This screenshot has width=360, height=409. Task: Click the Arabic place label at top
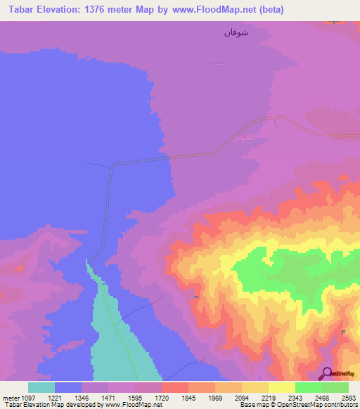[x=236, y=32]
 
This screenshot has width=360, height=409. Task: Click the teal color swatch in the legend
[x=41, y=387]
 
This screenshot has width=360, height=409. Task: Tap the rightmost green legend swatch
[x=335, y=387]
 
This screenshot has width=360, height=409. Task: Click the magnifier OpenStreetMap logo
[x=327, y=373]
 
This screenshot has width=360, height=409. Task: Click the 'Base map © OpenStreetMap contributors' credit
[x=298, y=405]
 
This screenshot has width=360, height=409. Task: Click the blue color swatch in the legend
[x=68, y=387]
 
